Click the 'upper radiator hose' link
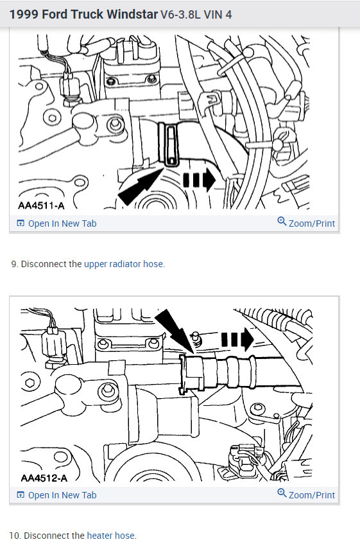tap(124, 264)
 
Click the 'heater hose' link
tap(111, 536)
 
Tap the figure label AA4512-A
tap(42, 477)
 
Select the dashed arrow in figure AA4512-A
tap(237, 338)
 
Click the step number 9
tap(14, 264)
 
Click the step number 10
tap(15, 536)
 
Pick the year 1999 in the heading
tap(22, 13)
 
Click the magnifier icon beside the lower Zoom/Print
tap(282, 493)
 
